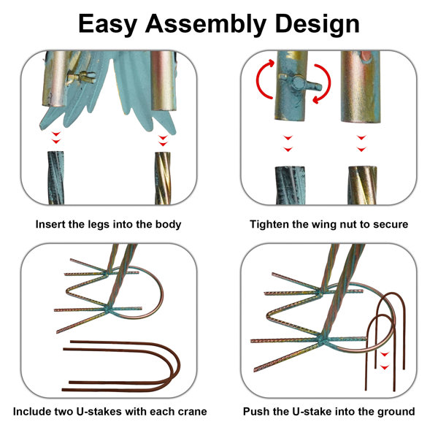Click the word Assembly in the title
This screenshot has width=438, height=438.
coord(206,25)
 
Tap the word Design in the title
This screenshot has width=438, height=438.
coord(317,25)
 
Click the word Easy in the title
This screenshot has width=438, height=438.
coord(107,25)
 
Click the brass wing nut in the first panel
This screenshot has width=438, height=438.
coord(81,77)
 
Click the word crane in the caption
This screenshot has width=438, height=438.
coord(192,412)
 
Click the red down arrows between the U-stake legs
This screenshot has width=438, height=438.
coord(385,361)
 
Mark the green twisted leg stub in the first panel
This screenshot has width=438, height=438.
coord(56,178)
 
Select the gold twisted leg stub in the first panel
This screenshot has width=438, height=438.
coord(163,178)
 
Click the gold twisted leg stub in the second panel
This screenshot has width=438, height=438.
coord(362,185)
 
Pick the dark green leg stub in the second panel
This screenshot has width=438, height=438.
coord(290,185)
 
